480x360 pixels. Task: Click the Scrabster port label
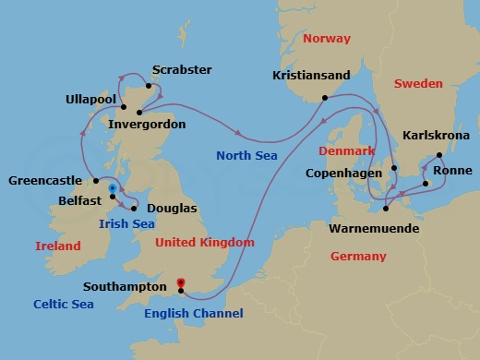[x=181, y=70]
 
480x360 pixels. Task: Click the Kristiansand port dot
[x=324, y=98]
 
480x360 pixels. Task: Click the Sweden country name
[x=418, y=84]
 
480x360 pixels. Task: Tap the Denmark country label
[x=348, y=150]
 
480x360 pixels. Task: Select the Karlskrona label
[x=436, y=136]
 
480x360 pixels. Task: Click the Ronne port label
[x=451, y=171]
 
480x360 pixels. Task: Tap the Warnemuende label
[x=374, y=228]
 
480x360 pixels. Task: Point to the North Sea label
[x=247, y=156]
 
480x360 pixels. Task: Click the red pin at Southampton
[x=181, y=282]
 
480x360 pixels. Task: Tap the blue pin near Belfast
[x=113, y=189]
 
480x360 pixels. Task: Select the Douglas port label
[x=172, y=210]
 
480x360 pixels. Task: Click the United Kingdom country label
[x=204, y=243]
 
